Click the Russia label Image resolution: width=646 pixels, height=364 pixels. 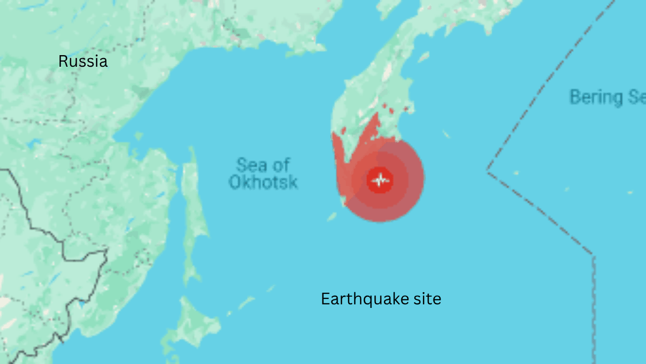[83, 62]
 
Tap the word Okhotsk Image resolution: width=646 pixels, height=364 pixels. [263, 182]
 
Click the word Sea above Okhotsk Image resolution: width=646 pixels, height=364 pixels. [250, 165]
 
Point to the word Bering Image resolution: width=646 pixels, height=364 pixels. [596, 97]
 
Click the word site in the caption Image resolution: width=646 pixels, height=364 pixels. [426, 299]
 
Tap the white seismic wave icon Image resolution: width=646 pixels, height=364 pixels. [380, 179]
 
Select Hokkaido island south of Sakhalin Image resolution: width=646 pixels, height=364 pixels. [192, 324]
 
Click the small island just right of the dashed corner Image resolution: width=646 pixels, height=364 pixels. [516, 173]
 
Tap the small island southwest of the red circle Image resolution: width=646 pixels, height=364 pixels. [332, 217]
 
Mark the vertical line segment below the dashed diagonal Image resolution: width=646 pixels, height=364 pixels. [594, 303]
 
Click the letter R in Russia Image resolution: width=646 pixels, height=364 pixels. [63, 62]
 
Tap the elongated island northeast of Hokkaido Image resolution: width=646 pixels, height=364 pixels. [246, 303]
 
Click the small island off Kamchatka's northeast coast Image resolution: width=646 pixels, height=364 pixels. [424, 57]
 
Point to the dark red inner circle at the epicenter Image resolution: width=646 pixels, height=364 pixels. [380, 179]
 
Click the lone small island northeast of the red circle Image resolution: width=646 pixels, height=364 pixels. [446, 134]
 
